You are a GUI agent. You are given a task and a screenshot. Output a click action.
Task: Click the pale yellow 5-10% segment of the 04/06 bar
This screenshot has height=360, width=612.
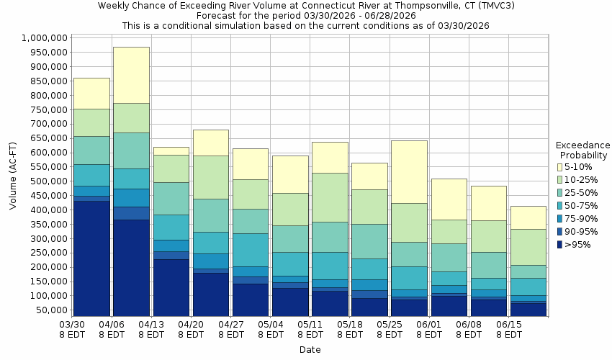131,75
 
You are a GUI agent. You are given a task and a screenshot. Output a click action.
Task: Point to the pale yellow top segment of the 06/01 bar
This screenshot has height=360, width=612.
449,199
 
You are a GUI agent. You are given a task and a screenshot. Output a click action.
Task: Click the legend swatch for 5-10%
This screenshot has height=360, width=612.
560,167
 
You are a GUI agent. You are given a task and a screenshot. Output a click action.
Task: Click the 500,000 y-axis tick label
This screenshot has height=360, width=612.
48,181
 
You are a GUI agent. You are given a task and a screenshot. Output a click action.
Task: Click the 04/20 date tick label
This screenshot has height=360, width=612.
191,329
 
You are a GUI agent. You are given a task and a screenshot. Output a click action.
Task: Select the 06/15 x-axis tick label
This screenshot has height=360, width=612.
509,329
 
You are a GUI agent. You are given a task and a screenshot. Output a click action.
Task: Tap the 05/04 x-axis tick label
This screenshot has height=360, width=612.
271,329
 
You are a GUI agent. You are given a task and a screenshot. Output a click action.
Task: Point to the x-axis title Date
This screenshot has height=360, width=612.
310,350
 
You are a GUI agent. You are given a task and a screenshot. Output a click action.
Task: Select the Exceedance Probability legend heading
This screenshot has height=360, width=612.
582,150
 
